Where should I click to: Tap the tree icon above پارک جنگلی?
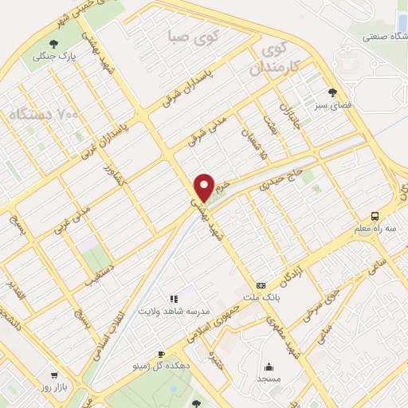coord(53,44)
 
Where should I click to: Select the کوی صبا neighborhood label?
coord(190,36)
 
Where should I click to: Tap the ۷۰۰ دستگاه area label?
coord(43,116)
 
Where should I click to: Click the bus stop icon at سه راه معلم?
coord(373,215)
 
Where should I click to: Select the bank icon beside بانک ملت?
coord(261,285)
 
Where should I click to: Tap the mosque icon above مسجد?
coord(270,367)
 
